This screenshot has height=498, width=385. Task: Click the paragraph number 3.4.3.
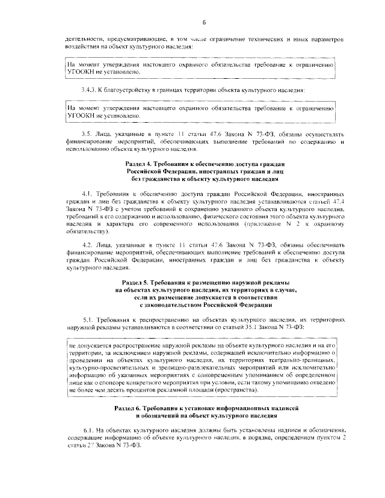click(89, 90)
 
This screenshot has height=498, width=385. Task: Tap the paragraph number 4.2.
click(87, 245)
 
